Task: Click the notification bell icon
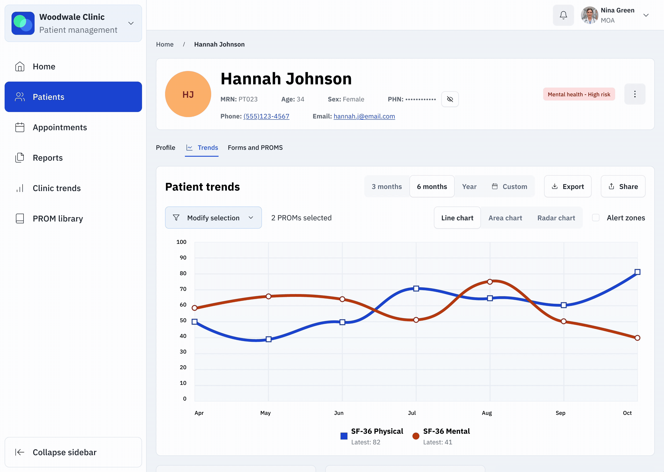tap(563, 15)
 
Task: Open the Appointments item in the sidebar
tap(59, 127)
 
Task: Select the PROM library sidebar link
tap(58, 218)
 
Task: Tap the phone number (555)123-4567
tap(266, 116)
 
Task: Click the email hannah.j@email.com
tap(364, 116)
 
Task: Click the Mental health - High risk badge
tap(578, 94)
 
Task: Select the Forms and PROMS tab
tap(255, 148)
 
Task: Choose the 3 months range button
tap(386, 187)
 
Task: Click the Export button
tap(567, 187)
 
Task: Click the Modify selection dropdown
tap(213, 218)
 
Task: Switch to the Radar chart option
tap(556, 218)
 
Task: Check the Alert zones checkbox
tap(595, 218)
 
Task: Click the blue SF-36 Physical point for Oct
tap(637, 272)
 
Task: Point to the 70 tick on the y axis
tap(183, 289)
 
